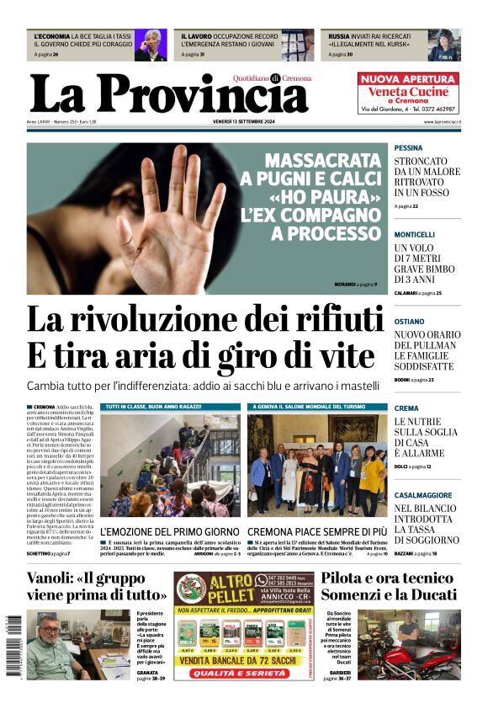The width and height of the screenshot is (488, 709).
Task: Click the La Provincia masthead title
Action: pyautogui.click(x=168, y=94)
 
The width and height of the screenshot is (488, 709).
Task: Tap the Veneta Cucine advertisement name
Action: pyautogui.click(x=408, y=91)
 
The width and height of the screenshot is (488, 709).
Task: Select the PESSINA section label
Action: pyautogui.click(x=409, y=147)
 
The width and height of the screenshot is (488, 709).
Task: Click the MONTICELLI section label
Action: pyautogui.click(x=415, y=234)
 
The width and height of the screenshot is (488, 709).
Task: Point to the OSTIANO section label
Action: pyautogui.click(x=409, y=322)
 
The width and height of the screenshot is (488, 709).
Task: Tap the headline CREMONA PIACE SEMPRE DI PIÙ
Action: pyautogui.click(x=317, y=532)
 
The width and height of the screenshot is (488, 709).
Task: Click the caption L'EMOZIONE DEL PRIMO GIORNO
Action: pyautogui.click(x=170, y=532)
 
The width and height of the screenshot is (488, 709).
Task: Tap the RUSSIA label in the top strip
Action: pyautogui.click(x=339, y=37)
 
